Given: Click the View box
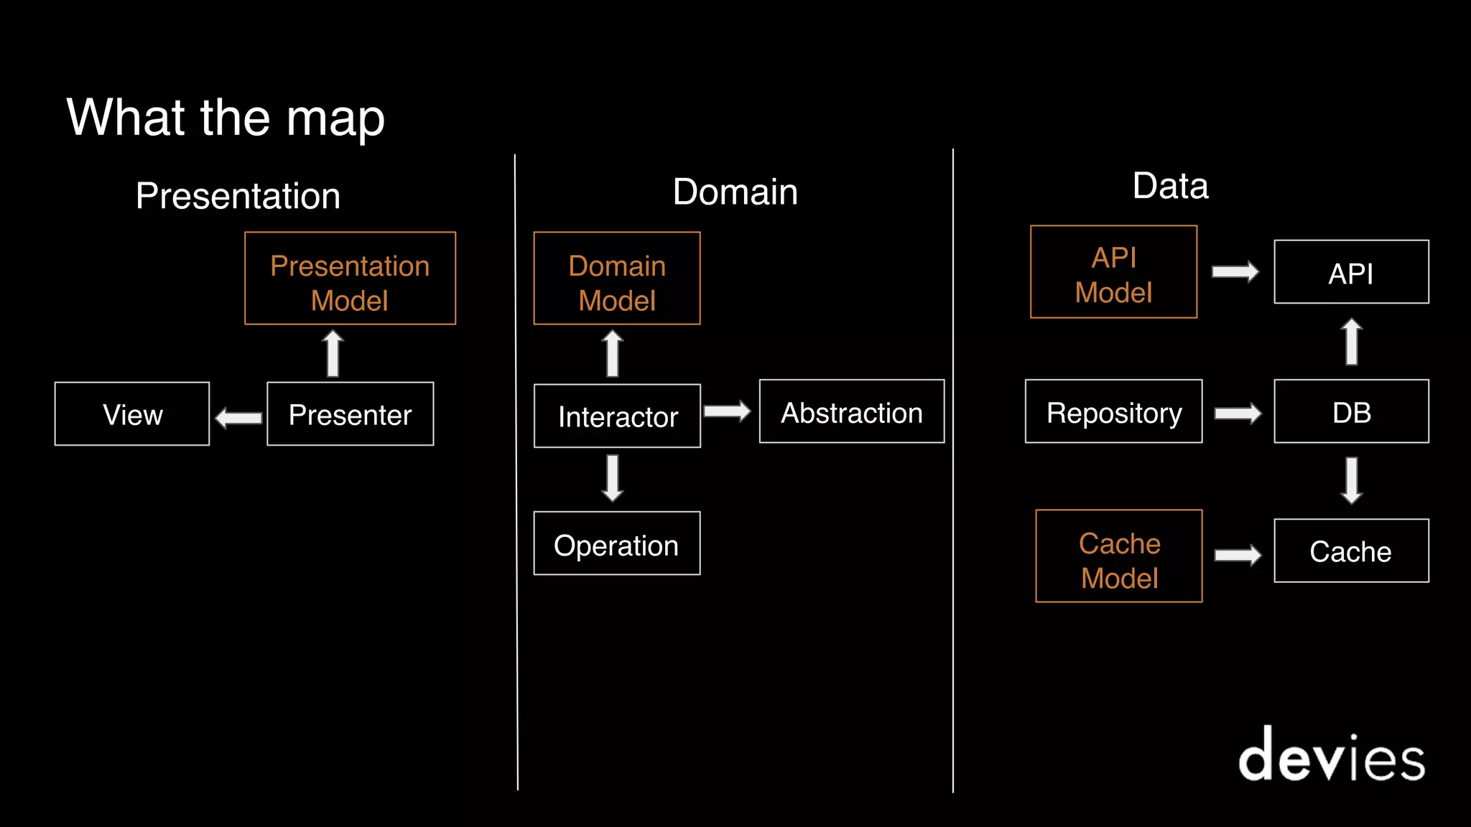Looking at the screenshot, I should [132, 414].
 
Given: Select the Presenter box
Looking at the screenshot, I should [350, 414].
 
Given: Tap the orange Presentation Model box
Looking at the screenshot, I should [350, 279].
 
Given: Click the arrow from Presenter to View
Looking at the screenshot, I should [238, 417].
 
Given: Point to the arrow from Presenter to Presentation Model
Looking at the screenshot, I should [333, 353].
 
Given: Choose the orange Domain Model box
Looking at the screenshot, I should [616, 279].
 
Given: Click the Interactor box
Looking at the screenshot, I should [617, 416].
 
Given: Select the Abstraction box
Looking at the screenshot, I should [851, 412].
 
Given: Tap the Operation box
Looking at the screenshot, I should [616, 543].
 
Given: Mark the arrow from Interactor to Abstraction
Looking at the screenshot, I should [727, 411].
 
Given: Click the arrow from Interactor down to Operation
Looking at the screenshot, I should [612, 477].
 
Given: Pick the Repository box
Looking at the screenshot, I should [1113, 412].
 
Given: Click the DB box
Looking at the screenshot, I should [1351, 412].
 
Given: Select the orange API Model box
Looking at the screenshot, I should [1113, 272].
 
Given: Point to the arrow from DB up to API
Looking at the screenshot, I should [1351, 342].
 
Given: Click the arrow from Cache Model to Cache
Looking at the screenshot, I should [1238, 555].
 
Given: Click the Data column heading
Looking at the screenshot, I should [1170, 186].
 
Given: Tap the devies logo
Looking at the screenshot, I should [1331, 755].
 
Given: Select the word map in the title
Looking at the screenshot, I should [335, 119].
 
